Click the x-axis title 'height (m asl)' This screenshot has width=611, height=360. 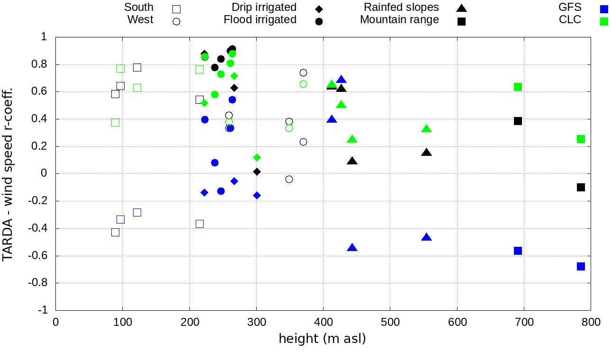(322, 339)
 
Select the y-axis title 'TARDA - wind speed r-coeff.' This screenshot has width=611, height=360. (8, 173)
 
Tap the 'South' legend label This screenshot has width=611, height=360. (139, 8)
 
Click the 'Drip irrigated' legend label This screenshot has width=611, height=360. (264, 8)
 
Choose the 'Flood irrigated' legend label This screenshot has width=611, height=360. (260, 20)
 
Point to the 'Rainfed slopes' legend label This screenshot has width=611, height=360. (401, 8)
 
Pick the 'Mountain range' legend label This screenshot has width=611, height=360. (399, 20)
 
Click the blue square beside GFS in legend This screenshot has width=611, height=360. (603, 9)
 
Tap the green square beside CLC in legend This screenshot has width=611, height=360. (603, 21)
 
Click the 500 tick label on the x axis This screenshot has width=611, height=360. (390, 322)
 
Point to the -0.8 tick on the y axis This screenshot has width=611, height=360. (41, 283)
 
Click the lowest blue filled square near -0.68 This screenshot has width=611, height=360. (581, 266)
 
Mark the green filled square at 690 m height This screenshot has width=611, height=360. (518, 87)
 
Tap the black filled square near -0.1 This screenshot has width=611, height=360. (581, 187)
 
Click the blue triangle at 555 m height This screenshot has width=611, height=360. (426, 237)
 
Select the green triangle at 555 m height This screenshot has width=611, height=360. (426, 129)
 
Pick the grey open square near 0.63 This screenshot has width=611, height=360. (137, 88)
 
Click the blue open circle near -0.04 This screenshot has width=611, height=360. (289, 179)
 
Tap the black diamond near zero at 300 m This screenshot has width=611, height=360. (257, 171)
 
